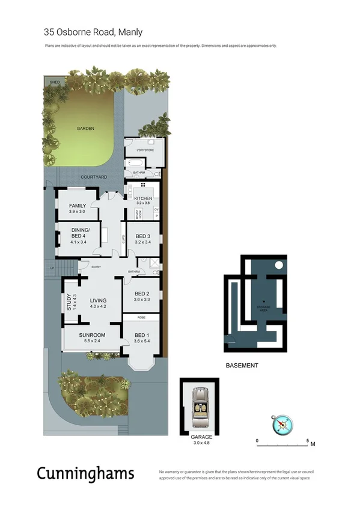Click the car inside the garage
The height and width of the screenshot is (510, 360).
click(198, 408)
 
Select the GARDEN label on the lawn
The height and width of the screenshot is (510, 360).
click(85, 129)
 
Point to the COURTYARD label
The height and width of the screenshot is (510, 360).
click(94, 177)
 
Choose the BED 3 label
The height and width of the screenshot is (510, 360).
click(142, 236)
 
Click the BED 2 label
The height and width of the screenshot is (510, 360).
click(142, 293)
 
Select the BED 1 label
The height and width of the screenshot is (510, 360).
click(141, 335)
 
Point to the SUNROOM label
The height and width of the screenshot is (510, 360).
click(91, 335)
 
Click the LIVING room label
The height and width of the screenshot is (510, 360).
click(98, 301)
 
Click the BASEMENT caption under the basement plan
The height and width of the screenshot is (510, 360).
click(242, 366)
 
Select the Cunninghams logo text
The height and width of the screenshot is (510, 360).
click(85, 473)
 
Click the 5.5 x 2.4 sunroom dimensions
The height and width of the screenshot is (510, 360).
click(91, 341)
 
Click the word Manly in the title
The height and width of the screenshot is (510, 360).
click(130, 32)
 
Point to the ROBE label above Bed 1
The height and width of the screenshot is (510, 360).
click(141, 317)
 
